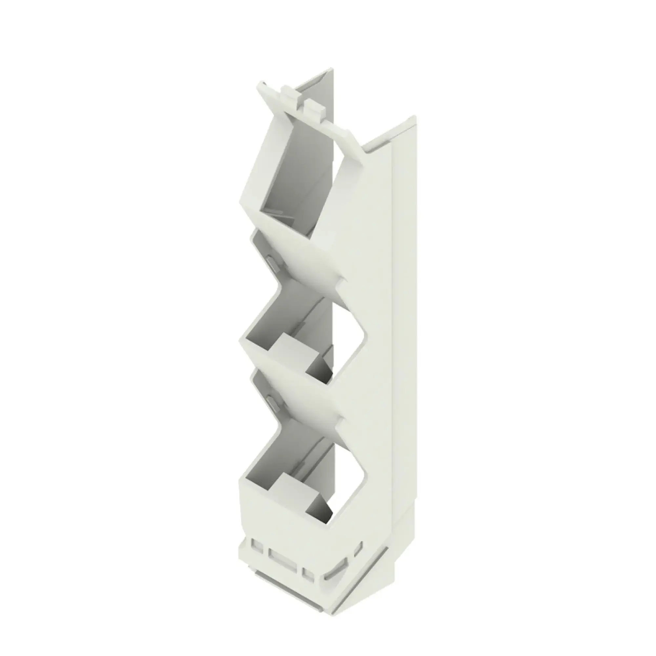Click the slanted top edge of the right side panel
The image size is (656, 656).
click(390, 131)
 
